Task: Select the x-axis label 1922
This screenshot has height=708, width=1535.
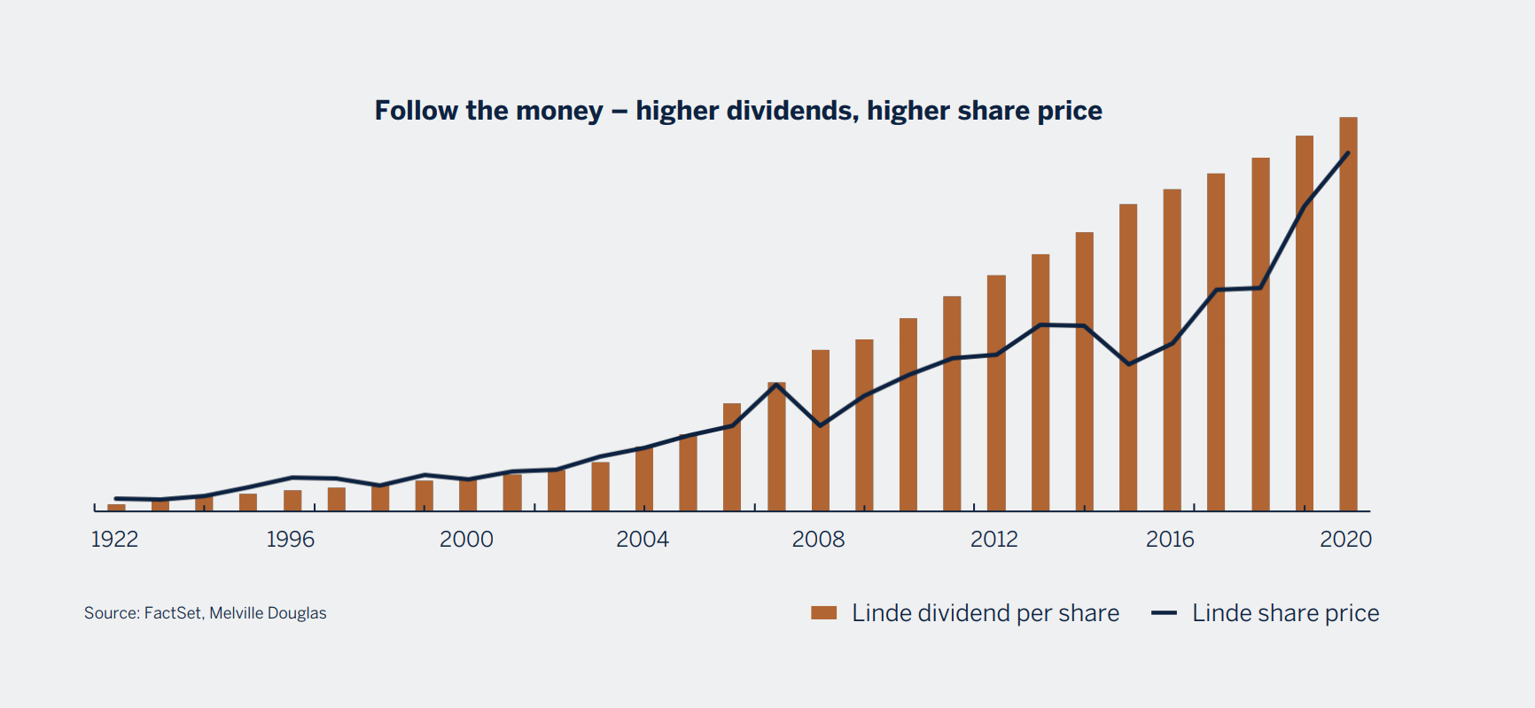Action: pyautogui.click(x=114, y=539)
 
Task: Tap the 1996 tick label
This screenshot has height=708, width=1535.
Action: pyautogui.click(x=291, y=539)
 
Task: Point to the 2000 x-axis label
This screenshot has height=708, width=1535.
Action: pyautogui.click(x=466, y=539)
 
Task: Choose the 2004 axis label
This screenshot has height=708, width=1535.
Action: pyautogui.click(x=643, y=539)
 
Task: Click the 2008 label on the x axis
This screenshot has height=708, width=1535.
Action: pyautogui.click(x=818, y=539)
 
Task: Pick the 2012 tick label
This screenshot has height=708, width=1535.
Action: pyautogui.click(x=993, y=539)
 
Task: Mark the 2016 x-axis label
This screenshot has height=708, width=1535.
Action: pyautogui.click(x=1170, y=539)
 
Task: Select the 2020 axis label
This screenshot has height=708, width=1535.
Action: pyautogui.click(x=1345, y=539)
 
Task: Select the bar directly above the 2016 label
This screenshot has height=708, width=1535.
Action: pyautogui.click(x=1172, y=354)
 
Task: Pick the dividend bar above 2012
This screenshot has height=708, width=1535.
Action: pyautogui.click(x=996, y=399)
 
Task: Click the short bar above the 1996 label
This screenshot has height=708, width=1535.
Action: pyautogui.click(x=292, y=501)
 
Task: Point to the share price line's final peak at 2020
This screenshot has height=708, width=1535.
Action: pyautogui.click(x=1348, y=153)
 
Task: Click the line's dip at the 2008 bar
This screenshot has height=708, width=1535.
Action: pyautogui.click(x=821, y=426)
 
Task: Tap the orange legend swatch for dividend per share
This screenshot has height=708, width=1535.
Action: pyautogui.click(x=823, y=613)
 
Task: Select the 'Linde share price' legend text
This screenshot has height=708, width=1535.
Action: pyautogui.click(x=1285, y=613)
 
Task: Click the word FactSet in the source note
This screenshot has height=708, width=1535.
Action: pyautogui.click(x=173, y=613)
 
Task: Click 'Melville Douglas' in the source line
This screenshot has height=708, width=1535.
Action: pyautogui.click(x=268, y=613)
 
